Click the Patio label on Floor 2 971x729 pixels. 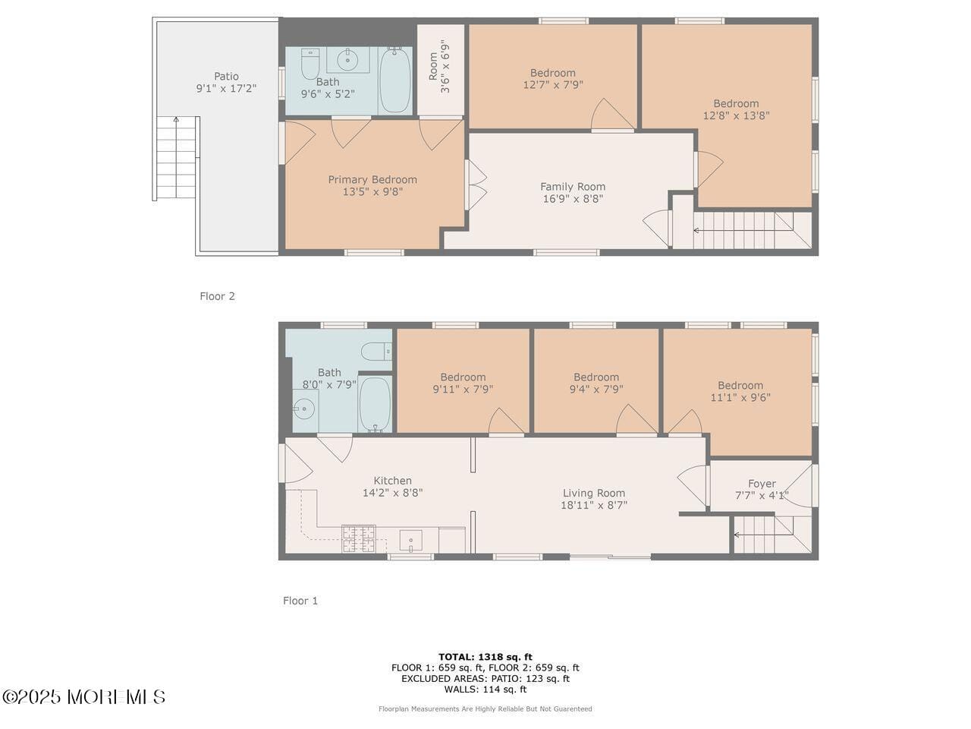click(x=226, y=76)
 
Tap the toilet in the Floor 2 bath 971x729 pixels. click(x=310, y=64)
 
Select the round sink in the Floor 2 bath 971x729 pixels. click(x=347, y=60)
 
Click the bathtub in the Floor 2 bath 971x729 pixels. click(x=394, y=80)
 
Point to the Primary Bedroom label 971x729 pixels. click(x=372, y=180)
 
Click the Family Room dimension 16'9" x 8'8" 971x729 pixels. click(x=573, y=199)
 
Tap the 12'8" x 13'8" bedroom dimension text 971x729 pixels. click(x=736, y=115)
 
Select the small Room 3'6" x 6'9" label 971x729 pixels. click(x=439, y=66)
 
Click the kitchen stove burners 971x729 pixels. click(x=358, y=538)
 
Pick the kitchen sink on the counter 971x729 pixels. click(x=410, y=541)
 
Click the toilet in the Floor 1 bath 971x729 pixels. click(x=376, y=352)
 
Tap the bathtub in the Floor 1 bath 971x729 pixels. click(x=375, y=404)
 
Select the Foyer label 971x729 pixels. click(x=762, y=484)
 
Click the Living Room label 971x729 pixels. click(x=594, y=493)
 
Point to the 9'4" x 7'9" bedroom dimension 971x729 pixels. click(x=595, y=389)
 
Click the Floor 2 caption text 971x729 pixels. click(x=217, y=296)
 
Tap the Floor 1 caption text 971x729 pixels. click(x=300, y=601)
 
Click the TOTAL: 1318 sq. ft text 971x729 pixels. click(x=485, y=657)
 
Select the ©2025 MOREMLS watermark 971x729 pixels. click(x=83, y=697)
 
